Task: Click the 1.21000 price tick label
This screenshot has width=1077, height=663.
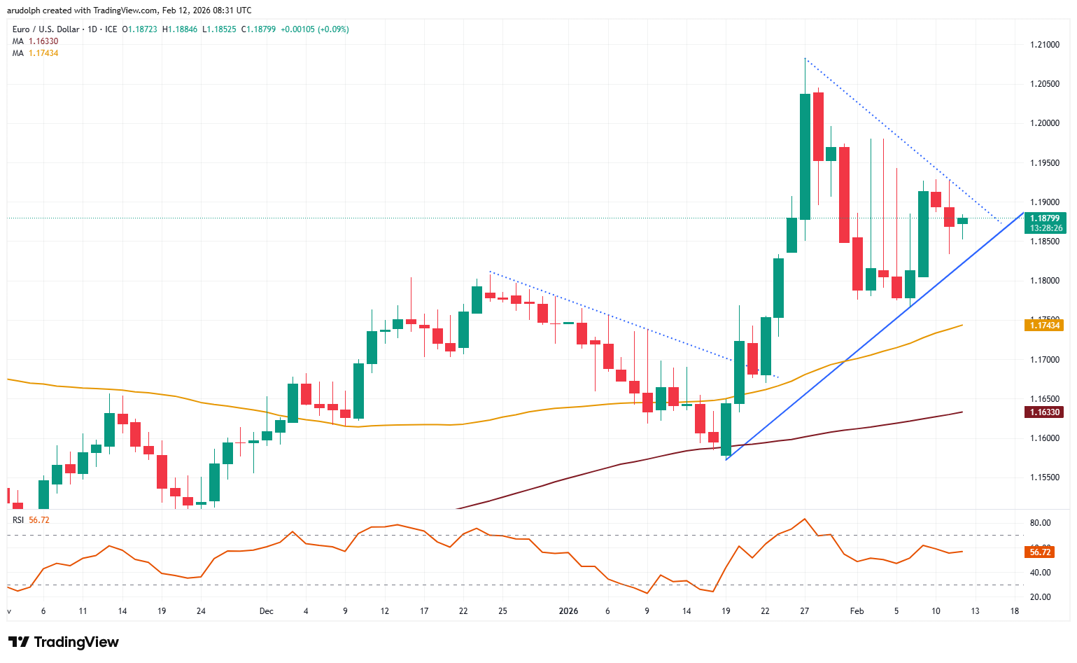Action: [x=1044, y=45]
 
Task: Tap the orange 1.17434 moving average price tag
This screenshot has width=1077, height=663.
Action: [x=1044, y=325]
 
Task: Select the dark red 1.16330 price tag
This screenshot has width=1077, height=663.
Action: [x=1044, y=412]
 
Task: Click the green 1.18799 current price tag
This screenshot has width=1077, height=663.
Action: [x=1045, y=218]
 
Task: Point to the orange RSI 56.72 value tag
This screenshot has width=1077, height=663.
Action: [x=1040, y=552]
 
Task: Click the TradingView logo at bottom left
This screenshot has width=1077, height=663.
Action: [x=64, y=642]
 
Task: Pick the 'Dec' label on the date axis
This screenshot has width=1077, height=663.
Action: [x=266, y=611]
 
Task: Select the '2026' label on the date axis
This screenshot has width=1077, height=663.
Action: [x=568, y=611]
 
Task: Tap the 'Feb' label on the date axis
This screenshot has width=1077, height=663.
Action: [x=857, y=611]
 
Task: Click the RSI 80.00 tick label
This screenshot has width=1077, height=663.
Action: [x=1040, y=523]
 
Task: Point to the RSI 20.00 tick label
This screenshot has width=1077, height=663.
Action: [x=1040, y=597]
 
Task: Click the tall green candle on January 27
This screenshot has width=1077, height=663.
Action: [x=805, y=156]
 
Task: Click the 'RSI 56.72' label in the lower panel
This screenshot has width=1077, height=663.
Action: [x=31, y=520]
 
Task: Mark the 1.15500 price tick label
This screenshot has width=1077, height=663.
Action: [x=1044, y=477]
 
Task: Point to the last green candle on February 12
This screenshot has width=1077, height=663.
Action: [x=962, y=221]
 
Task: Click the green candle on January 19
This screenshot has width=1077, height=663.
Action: [x=726, y=429]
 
